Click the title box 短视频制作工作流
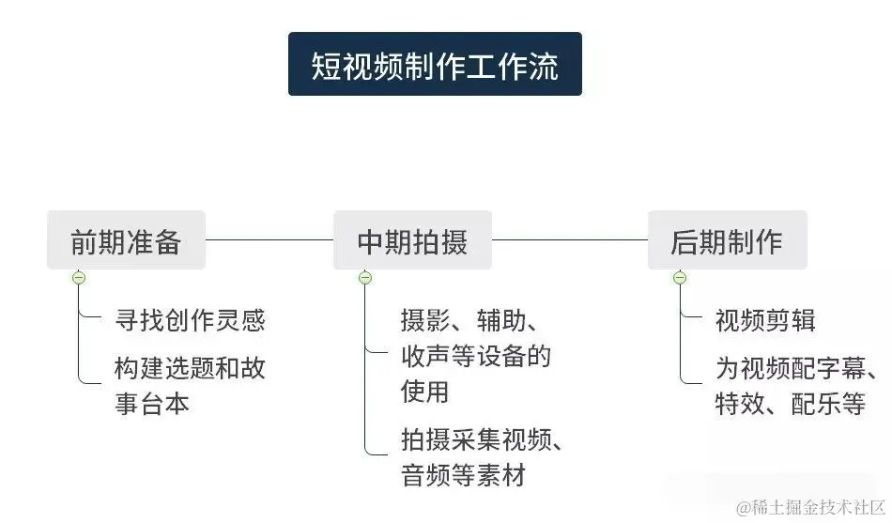435,65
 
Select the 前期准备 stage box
126,241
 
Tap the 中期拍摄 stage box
412,241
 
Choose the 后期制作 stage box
726,241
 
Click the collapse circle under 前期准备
80,278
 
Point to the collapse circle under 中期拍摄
365,278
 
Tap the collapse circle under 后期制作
680,278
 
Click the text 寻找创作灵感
190,320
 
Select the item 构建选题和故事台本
190,385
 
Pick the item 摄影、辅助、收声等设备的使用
475,356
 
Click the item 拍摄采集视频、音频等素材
482,457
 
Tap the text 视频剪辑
765,320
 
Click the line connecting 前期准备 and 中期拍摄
269,240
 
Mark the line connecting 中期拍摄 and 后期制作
570,240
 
